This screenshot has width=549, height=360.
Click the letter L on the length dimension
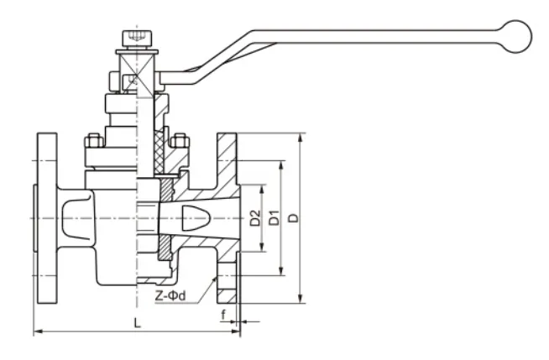(137, 322)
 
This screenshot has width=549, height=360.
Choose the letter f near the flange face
(222, 315)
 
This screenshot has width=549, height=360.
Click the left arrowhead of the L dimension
(36, 332)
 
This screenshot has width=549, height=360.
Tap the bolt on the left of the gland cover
(92, 140)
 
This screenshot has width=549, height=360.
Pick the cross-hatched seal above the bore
(165, 189)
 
